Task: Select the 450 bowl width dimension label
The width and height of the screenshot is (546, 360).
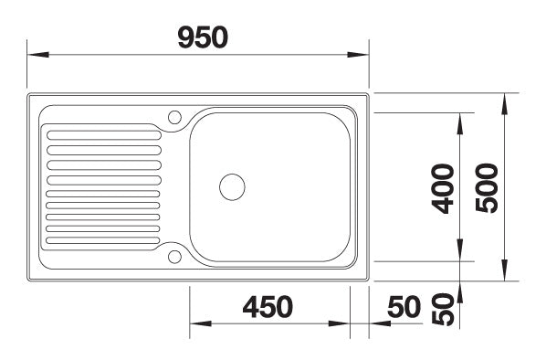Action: (x=268, y=307)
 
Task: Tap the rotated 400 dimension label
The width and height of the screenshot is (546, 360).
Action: (x=443, y=188)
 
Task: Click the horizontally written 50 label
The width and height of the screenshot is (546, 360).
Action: (x=403, y=307)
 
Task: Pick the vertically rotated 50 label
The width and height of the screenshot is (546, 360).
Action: (x=443, y=309)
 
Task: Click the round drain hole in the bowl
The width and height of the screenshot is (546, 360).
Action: (x=232, y=186)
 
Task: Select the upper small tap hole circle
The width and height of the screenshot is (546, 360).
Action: (x=174, y=116)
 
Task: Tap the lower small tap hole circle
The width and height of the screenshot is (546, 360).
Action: (x=174, y=256)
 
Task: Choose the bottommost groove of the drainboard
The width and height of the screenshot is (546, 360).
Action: (x=102, y=241)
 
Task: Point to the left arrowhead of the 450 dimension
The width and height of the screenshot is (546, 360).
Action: (x=196, y=324)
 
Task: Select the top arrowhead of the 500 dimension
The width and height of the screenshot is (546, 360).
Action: (x=505, y=101)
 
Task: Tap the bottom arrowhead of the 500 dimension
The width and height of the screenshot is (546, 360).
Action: (x=505, y=273)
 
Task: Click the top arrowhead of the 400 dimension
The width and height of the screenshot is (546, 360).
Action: (x=460, y=120)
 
